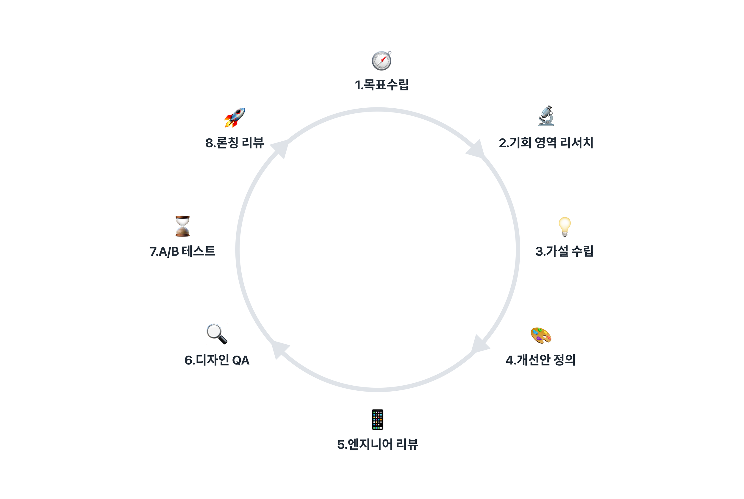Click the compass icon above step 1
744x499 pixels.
(381, 61)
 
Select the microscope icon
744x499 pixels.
(546, 116)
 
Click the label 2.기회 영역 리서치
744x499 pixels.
(546, 143)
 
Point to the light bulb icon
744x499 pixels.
(564, 226)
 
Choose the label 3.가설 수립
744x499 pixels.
(564, 251)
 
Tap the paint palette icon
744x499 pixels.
(541, 335)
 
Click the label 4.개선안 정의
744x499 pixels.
(541, 360)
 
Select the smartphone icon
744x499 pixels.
(377, 420)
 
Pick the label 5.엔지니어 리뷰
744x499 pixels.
(377, 444)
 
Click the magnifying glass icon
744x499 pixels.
(217, 334)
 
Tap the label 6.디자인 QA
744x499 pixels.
(217, 360)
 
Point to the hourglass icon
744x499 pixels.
(182, 226)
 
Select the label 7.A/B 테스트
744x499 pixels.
(182, 251)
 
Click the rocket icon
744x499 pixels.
(235, 118)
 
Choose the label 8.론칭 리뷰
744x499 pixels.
(235, 143)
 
